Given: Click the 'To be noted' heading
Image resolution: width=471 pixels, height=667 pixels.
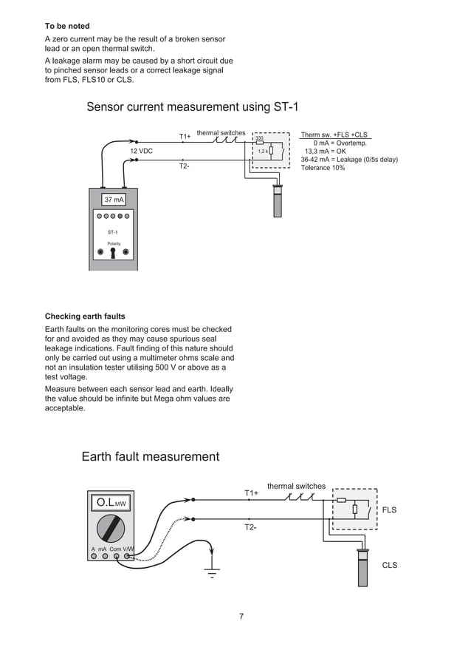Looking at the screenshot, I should [x=67, y=26].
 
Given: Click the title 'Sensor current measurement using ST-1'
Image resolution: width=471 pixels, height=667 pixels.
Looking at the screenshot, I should [x=193, y=107].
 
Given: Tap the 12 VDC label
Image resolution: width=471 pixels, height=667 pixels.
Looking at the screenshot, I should [x=141, y=151].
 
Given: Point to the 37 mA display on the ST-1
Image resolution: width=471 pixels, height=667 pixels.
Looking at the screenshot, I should [x=114, y=200].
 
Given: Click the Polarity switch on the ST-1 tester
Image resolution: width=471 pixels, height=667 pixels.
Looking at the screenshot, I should [x=113, y=251].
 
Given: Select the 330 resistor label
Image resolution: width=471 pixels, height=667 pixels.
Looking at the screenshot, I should [x=259, y=138].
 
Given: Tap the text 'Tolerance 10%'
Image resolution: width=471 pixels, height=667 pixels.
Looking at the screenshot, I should [x=323, y=167].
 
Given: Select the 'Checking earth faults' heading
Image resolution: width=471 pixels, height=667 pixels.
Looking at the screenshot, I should [x=85, y=316].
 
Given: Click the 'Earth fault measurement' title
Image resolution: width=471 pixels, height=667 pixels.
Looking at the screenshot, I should [x=150, y=456].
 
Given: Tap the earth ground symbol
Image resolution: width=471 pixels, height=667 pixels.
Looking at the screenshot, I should [x=212, y=572].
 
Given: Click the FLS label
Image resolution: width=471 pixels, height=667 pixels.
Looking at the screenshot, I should [x=389, y=510].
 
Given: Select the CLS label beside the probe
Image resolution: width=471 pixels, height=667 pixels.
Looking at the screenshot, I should [x=389, y=565].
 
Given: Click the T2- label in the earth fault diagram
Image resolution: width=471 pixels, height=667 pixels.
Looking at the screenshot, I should [x=251, y=527].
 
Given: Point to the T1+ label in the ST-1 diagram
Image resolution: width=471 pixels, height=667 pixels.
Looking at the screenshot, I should [x=185, y=136].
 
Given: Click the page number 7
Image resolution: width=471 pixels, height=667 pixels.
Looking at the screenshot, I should [x=241, y=617].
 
